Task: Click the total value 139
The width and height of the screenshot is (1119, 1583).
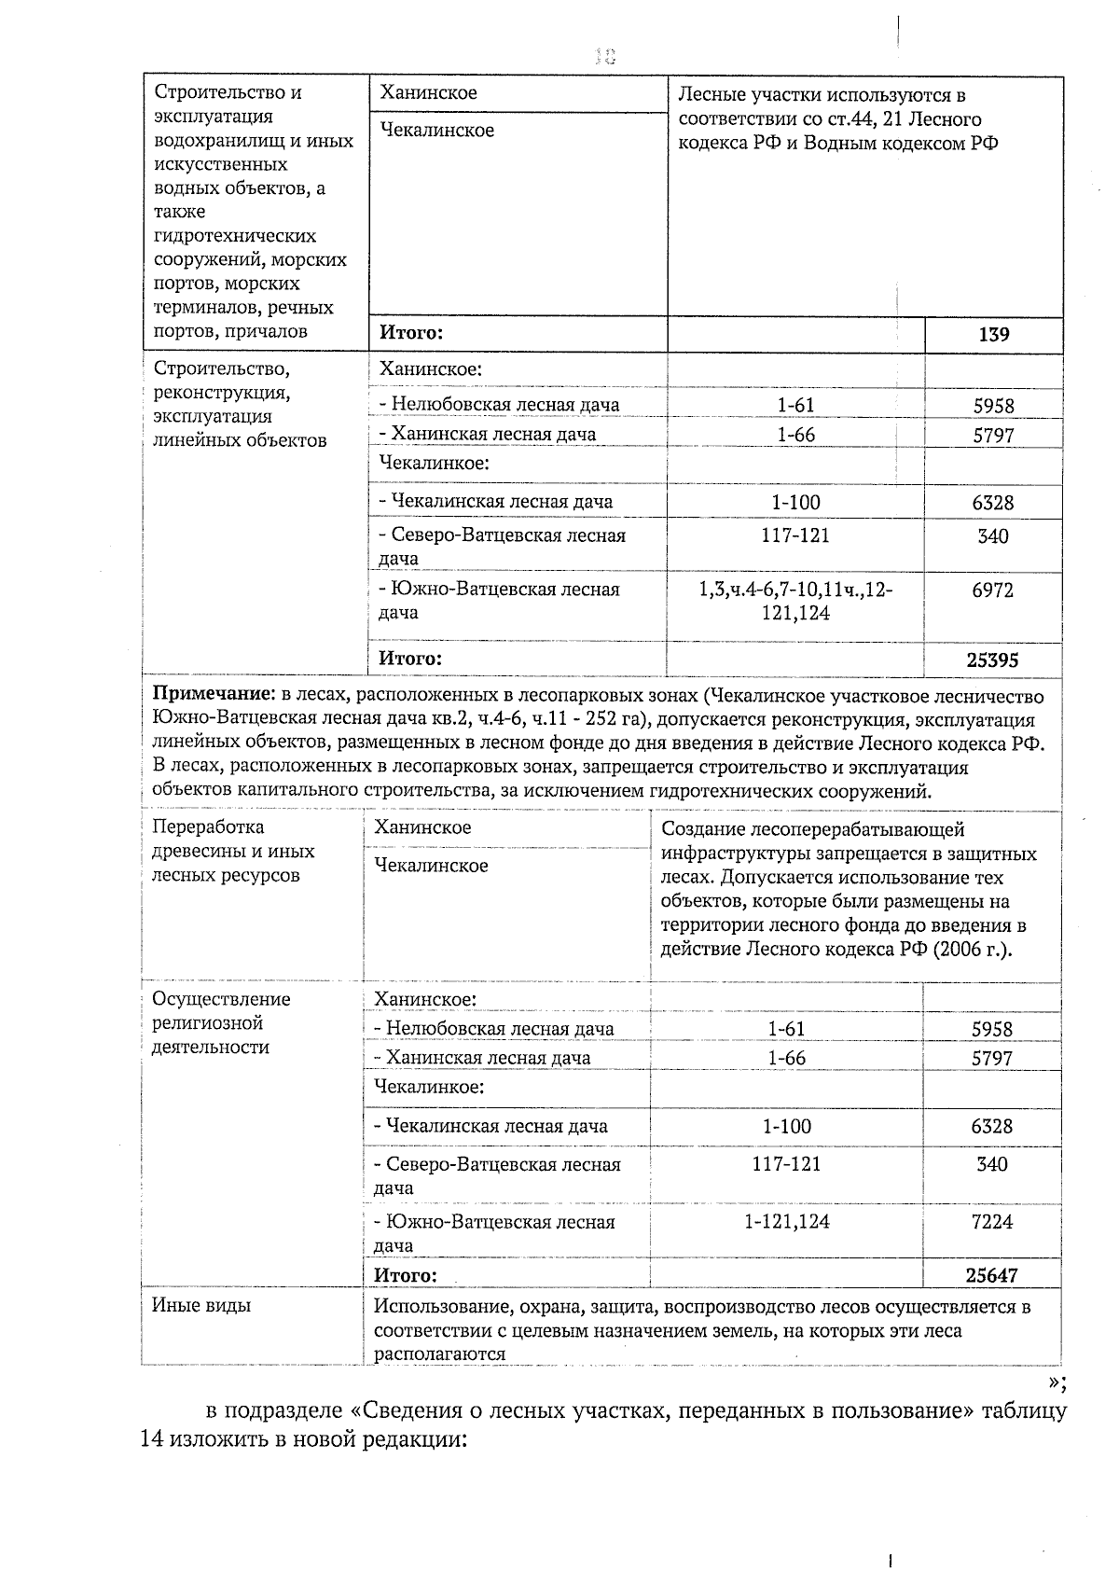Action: [993, 334]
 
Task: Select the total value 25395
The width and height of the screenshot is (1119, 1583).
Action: [992, 660]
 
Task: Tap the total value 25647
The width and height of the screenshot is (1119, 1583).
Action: [991, 1275]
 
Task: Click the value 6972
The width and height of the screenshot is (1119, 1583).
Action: [992, 590]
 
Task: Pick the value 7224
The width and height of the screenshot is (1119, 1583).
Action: [991, 1222]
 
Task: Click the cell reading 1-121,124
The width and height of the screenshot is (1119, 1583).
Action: [786, 1222]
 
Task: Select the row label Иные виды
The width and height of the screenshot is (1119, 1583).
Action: [201, 1305]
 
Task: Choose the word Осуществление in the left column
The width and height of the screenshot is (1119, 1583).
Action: [221, 999]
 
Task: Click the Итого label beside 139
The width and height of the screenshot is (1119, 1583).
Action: [410, 332]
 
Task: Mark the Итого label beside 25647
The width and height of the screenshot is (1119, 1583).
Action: [405, 1275]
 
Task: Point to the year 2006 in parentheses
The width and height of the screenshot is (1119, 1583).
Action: [968, 950]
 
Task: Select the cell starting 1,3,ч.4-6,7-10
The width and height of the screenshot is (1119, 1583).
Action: [795, 601]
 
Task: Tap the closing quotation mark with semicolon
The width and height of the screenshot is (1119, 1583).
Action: [1056, 1382]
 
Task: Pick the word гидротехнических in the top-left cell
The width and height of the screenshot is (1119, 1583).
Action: [235, 236]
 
